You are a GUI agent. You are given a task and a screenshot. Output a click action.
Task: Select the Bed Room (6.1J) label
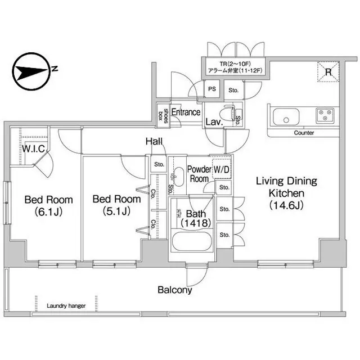(x=48, y=205)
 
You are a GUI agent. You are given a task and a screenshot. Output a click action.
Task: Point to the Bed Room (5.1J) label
(x=116, y=205)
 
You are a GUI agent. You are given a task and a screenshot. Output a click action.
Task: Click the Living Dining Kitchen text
(x=286, y=193)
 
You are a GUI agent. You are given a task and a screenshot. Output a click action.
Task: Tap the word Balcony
(x=174, y=290)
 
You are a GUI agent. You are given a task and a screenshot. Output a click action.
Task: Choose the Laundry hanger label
(x=66, y=306)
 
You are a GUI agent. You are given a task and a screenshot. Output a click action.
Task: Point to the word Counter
(x=304, y=133)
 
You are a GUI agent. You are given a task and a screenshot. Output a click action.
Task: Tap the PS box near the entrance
(x=212, y=89)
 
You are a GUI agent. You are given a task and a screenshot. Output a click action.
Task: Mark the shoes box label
(x=163, y=114)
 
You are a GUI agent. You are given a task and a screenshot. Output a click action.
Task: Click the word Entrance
(x=186, y=112)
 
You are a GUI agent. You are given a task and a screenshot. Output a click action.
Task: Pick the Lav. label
(x=213, y=121)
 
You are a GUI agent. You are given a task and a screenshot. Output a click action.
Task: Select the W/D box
(x=221, y=169)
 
